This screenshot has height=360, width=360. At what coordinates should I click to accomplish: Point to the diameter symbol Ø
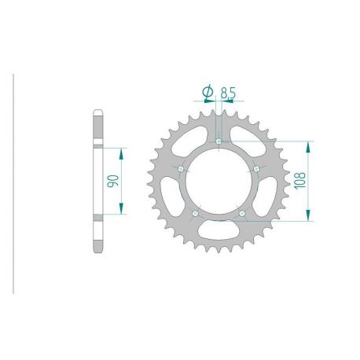point(208,93)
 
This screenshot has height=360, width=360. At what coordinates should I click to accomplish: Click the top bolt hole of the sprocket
point(219,141)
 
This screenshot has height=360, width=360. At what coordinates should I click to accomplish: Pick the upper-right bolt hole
point(256,169)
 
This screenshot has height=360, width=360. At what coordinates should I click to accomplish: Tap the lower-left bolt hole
point(196,212)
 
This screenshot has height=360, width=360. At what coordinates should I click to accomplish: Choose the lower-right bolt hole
point(242,212)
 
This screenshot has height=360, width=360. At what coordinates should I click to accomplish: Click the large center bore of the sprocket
point(219,182)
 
